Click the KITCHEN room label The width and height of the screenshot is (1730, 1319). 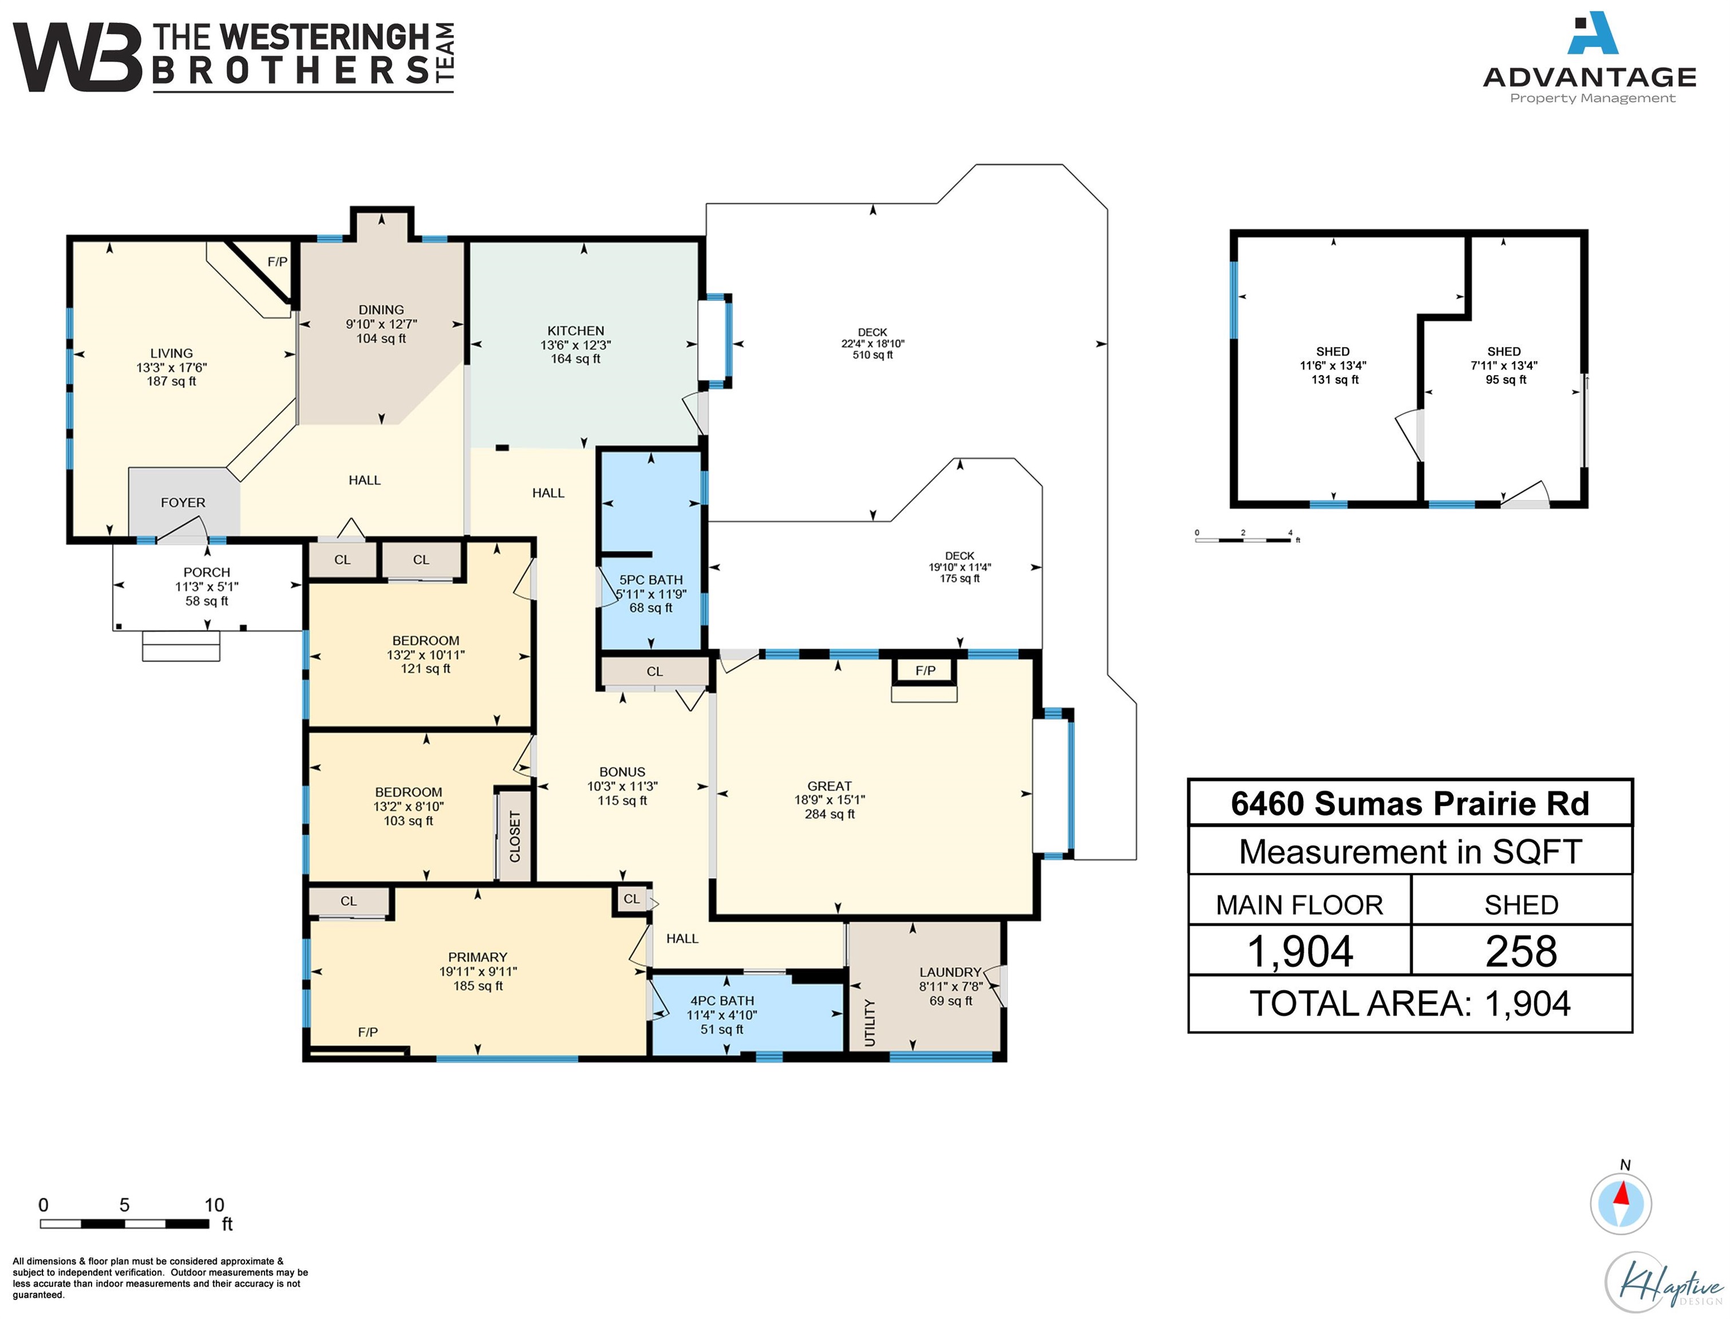coord(575,330)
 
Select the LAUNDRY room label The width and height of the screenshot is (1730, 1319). coord(950,972)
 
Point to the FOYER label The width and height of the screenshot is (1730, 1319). coord(183,503)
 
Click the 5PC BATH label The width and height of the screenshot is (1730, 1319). coord(651,580)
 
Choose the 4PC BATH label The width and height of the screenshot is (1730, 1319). coord(721,1000)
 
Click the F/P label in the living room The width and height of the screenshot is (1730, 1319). coord(277,262)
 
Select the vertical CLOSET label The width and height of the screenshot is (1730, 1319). coord(515,837)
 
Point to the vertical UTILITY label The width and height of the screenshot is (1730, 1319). coord(869,1022)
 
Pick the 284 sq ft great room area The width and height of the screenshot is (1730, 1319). coord(829,814)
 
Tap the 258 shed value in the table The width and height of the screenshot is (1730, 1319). coord(1520,951)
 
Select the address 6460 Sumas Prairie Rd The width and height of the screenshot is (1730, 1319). coord(1410,803)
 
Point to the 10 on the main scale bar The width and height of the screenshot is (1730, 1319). coord(214,1205)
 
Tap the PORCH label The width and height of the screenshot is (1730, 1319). coord(207,572)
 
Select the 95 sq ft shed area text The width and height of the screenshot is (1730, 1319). coord(1506,379)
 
